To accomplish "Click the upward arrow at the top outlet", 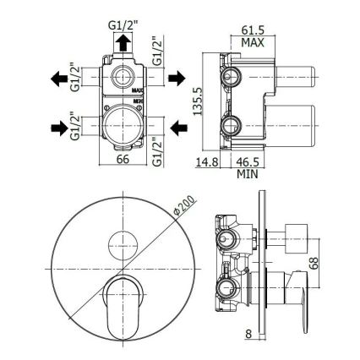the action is click(123, 42).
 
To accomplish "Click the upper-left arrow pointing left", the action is click(59, 79).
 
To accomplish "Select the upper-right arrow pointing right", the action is click(177, 78).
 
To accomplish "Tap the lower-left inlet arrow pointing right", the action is click(59, 128).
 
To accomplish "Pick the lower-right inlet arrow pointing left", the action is click(179, 128).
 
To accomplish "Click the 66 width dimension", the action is click(123, 159).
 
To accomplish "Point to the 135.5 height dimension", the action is click(198, 101).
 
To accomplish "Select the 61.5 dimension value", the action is click(253, 30).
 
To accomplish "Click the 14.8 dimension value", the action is click(207, 162).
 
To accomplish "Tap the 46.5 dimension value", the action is click(248, 162).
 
